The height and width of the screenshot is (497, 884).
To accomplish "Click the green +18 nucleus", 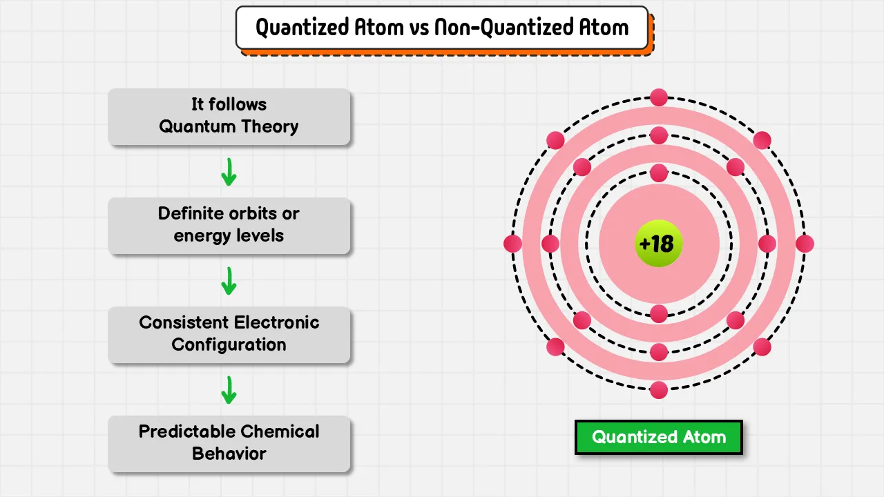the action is click(658, 244).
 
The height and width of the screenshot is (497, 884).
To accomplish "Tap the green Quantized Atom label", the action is click(659, 437).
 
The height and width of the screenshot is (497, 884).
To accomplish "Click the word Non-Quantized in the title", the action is click(503, 28).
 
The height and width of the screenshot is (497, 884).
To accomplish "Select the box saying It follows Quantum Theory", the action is click(229, 117).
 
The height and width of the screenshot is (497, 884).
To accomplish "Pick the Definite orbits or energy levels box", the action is click(229, 226).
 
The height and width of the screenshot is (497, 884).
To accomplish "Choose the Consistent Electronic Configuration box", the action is click(229, 335).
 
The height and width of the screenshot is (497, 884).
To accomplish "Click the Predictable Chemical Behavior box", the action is click(229, 444).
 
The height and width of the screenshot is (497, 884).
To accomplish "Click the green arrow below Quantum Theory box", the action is click(229, 172).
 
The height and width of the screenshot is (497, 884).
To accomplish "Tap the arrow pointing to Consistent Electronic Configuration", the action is click(229, 281).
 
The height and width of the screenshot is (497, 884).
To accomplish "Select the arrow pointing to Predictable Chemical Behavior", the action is click(229, 390).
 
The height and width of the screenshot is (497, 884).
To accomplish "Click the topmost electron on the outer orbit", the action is click(659, 97).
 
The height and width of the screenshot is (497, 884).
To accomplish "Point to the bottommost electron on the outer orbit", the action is click(659, 390).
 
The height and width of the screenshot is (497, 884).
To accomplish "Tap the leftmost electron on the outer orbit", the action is click(512, 244).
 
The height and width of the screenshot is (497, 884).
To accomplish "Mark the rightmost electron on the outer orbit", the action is click(805, 244).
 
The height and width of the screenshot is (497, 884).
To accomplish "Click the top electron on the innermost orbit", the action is click(659, 173).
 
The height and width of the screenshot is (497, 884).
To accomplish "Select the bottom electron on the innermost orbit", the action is click(659, 314).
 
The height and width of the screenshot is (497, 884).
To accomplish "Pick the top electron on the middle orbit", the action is click(659, 135).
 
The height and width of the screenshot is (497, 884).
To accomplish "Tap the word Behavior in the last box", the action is click(229, 454).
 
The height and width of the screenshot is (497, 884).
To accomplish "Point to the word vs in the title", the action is click(419, 28).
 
